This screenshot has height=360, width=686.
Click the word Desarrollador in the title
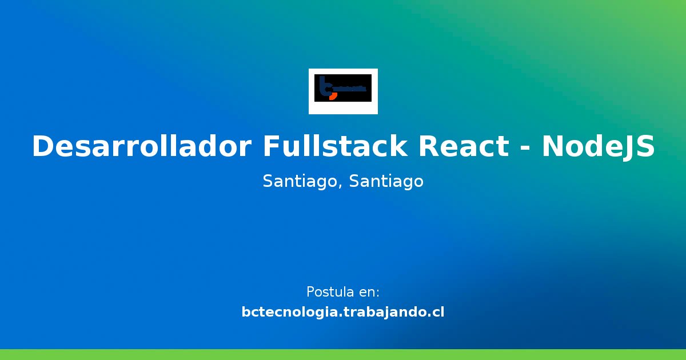[141, 147]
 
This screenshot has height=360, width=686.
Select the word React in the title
[463, 147]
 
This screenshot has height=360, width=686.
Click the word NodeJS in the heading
[598, 147]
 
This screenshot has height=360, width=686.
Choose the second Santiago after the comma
[386, 182]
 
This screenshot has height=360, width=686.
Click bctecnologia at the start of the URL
[289, 313]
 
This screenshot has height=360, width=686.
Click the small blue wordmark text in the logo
[349, 89]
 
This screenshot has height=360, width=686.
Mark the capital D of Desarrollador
[43, 147]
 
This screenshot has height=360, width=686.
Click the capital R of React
[429, 147]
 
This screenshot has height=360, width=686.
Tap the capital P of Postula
[310, 292]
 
